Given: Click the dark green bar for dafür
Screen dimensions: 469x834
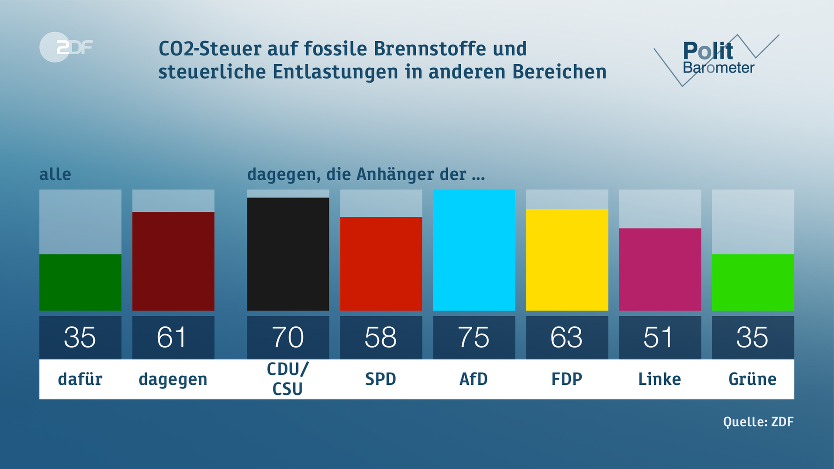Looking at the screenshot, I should click(80, 282).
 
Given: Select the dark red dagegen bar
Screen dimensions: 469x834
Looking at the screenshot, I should click(173, 261).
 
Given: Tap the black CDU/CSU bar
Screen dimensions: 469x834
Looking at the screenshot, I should click(288, 254).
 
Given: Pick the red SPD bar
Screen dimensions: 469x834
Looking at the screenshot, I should click(381, 264).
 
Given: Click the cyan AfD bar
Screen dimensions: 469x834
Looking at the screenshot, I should click(474, 250).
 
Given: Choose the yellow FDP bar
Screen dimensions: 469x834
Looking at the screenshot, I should click(567, 260).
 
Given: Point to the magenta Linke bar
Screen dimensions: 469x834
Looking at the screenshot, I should click(660, 269).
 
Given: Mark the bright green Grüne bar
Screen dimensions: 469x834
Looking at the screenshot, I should click(753, 282).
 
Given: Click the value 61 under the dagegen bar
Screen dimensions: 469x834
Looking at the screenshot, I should click(172, 337).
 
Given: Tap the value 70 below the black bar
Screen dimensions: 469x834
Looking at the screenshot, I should click(288, 337).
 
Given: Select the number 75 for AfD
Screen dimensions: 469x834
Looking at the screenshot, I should click(474, 337).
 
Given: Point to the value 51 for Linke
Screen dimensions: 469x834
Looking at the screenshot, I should click(659, 337).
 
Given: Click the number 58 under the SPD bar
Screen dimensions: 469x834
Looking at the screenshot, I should click(381, 337).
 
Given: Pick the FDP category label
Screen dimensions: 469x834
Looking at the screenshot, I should click(567, 379).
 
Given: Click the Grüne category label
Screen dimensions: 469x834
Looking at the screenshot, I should click(752, 379).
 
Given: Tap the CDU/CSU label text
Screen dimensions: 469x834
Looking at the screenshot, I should click(288, 379).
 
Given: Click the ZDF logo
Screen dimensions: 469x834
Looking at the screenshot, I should click(66, 47).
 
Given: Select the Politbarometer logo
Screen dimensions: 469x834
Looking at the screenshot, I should click(717, 59).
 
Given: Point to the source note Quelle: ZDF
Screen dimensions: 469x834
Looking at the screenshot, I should click(758, 422).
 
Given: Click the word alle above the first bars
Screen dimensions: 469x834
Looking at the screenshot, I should click(55, 175).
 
